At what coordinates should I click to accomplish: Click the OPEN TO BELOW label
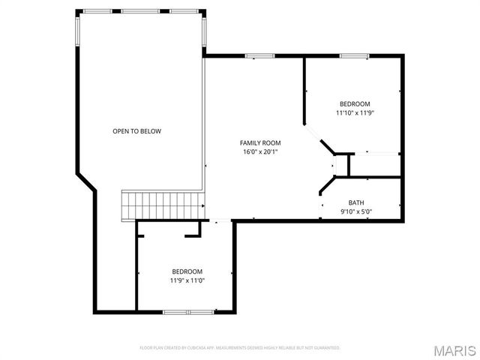pyautogui.click(x=136, y=131)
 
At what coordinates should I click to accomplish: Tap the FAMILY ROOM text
pyautogui.click(x=260, y=142)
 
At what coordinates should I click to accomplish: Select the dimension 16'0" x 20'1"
pyautogui.click(x=260, y=152)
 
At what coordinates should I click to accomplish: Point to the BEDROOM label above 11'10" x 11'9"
pyautogui.click(x=355, y=104)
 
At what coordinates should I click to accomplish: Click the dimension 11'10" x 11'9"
pyautogui.click(x=355, y=113)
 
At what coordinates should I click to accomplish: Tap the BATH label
pyautogui.click(x=356, y=202)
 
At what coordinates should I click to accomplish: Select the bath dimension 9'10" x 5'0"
pyautogui.click(x=356, y=211)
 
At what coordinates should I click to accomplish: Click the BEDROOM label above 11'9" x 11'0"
pyautogui.click(x=187, y=271)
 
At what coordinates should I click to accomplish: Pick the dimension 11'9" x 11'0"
pyautogui.click(x=187, y=280)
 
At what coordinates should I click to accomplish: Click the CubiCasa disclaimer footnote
pyautogui.click(x=240, y=348)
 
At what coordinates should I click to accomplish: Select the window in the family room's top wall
pyautogui.click(x=259, y=55)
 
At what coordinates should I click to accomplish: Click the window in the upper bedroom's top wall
pyautogui.click(x=353, y=55)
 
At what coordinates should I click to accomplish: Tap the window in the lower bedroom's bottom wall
pyautogui.click(x=188, y=311)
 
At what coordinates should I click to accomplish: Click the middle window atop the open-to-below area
pyautogui.click(x=141, y=11)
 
